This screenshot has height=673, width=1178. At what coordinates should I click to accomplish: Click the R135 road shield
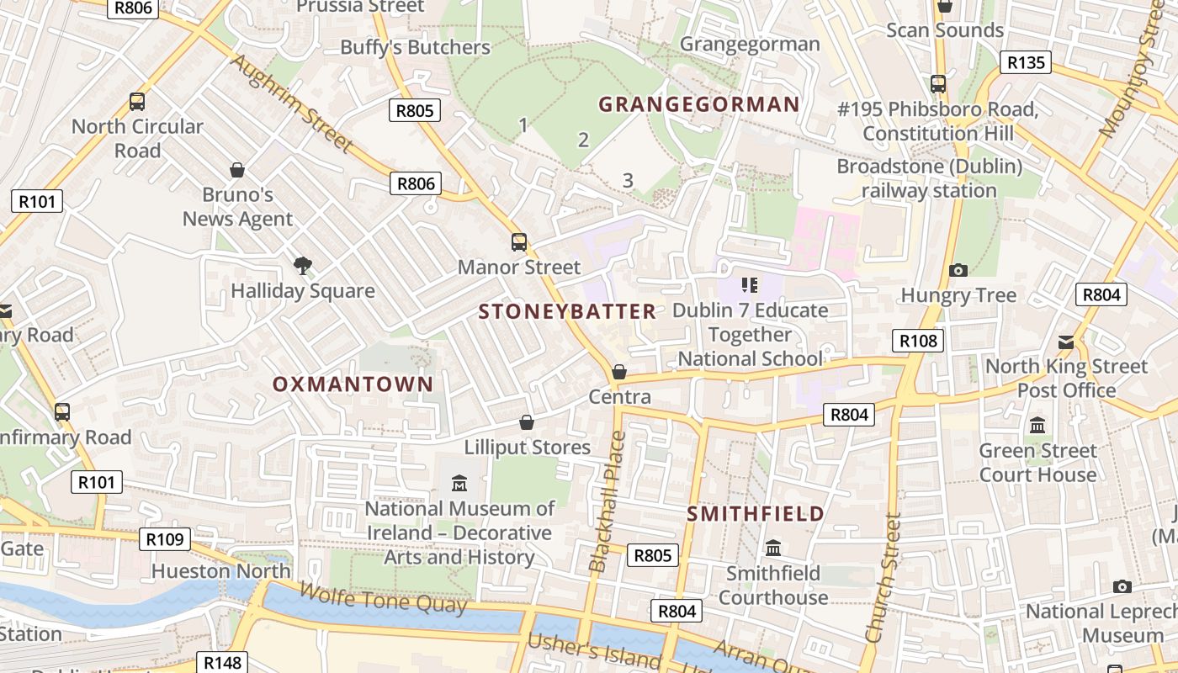[1026, 62]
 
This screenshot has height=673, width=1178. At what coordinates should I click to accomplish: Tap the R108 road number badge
[918, 341]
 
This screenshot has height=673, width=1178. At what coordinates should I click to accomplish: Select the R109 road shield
[164, 539]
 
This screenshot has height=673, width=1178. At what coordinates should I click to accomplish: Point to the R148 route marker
[223, 663]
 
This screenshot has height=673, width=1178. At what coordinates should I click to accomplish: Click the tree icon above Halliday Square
[303, 267]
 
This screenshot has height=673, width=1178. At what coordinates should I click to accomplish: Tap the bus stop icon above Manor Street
[519, 242]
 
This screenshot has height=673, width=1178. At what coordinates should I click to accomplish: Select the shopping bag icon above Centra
[619, 372]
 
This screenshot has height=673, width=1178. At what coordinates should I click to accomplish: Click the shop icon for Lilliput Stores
[527, 422]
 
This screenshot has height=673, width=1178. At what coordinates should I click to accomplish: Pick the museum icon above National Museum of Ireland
[459, 484]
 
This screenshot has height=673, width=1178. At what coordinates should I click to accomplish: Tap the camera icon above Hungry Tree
[958, 270]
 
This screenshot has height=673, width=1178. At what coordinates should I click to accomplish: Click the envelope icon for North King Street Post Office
[1066, 342]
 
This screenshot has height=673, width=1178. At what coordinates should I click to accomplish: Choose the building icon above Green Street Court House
[1037, 425]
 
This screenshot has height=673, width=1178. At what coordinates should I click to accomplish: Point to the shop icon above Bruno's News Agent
[237, 170]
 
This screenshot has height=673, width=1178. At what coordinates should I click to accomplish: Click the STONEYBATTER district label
[567, 312]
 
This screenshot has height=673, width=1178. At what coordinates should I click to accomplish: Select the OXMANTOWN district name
[353, 384]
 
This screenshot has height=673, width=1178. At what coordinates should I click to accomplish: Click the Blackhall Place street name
[608, 501]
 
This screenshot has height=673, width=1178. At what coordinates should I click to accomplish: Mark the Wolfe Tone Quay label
[383, 598]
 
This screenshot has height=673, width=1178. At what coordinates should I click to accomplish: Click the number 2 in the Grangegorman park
[583, 140]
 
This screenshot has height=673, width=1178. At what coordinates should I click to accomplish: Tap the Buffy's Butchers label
[415, 47]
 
